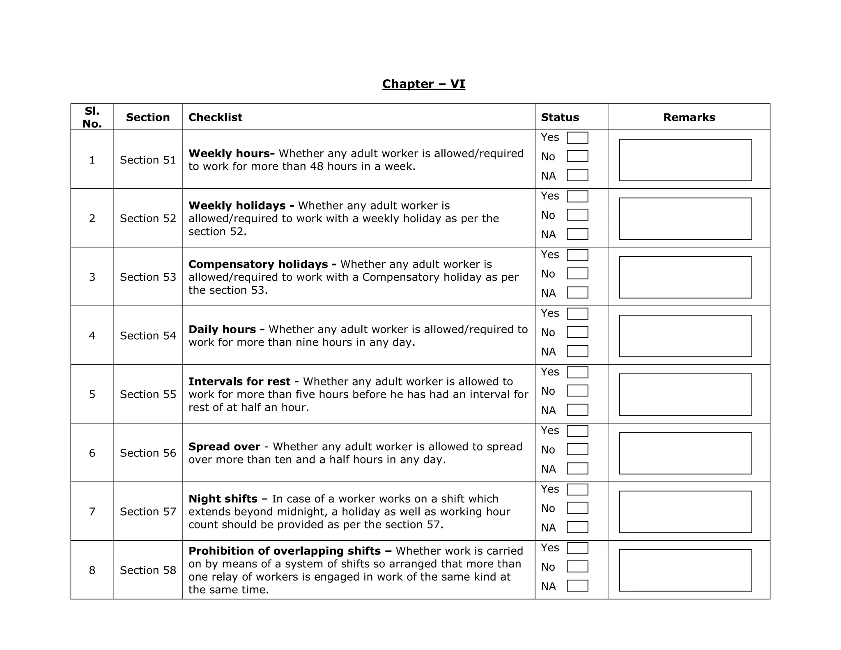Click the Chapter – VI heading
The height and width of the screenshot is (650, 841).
[x=423, y=84]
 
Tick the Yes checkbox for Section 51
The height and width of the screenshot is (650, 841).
[x=577, y=138]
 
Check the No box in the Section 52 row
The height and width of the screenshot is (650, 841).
[x=577, y=215]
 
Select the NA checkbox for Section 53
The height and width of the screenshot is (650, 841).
[x=577, y=293]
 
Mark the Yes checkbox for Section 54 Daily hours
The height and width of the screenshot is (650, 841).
[x=577, y=313]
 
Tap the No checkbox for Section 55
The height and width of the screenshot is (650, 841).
[x=577, y=391]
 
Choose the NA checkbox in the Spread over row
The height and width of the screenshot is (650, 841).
[x=577, y=468]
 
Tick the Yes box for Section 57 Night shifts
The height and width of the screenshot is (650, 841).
[x=577, y=489]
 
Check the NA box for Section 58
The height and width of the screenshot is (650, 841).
[x=577, y=585]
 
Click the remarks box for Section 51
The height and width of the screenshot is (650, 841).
[x=685, y=160]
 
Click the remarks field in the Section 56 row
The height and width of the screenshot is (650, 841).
[x=685, y=453]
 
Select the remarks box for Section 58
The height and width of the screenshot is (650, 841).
[x=685, y=570]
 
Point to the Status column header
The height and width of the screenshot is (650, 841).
[x=560, y=118]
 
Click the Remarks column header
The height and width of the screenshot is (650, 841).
[x=689, y=118]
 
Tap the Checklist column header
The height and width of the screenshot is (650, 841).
[x=215, y=118]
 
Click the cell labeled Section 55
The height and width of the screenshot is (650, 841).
[x=148, y=394]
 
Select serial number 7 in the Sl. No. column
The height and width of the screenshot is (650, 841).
[x=92, y=512]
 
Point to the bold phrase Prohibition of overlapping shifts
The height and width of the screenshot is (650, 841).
[x=290, y=551]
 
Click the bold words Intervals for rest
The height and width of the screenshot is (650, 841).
[x=239, y=382]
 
